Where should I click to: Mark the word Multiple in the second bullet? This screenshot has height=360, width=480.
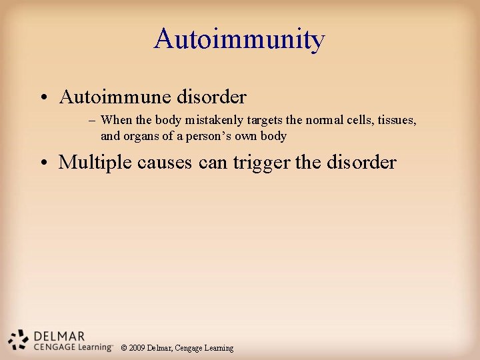click(93, 162)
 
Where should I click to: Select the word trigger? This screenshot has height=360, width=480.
click(261, 162)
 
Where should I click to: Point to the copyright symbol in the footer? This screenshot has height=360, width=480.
click(125, 348)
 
